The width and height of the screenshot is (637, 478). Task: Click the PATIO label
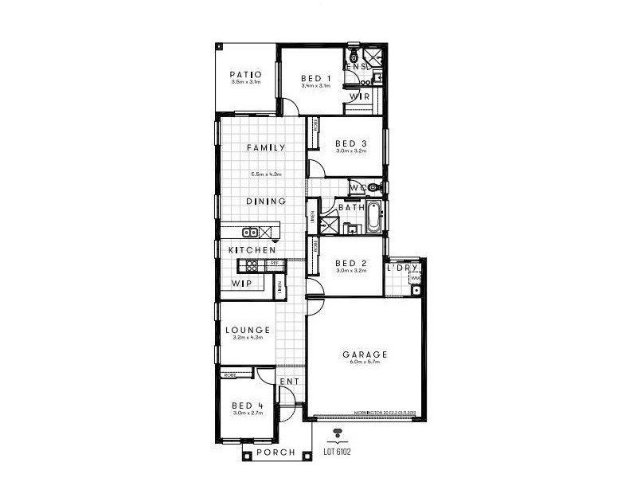246,75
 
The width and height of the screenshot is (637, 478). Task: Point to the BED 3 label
350,143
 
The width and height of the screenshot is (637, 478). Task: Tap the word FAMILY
265,147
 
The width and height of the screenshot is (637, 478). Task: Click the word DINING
265,202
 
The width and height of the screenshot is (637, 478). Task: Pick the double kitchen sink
250,233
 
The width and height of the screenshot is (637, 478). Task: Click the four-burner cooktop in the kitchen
253,266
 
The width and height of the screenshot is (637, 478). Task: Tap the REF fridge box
273,263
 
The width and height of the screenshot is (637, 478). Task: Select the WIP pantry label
241,284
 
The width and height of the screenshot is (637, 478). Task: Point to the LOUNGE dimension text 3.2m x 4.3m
248,338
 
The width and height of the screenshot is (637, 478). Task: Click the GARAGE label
365,355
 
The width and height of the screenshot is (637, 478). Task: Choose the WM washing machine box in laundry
415,277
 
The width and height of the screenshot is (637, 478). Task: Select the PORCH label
276,453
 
